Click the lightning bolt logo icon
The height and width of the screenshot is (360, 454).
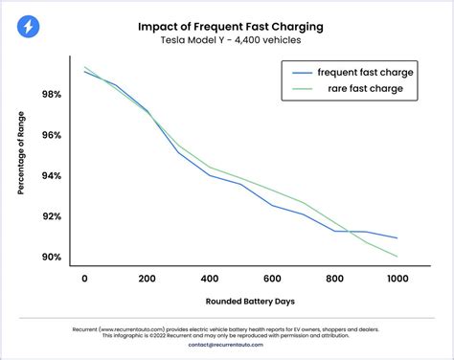click(x=29, y=27)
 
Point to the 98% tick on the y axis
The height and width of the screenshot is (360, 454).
click(x=52, y=95)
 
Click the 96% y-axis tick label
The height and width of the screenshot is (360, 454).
click(x=52, y=135)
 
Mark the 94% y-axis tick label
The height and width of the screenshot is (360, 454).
click(x=52, y=176)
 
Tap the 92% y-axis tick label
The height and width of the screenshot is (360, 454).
click(x=52, y=216)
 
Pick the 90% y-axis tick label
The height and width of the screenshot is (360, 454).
click(x=52, y=257)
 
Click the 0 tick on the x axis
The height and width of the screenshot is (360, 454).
click(x=85, y=278)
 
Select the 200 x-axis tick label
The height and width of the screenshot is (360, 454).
click(x=148, y=278)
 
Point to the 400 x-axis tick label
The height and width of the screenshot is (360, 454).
click(x=210, y=278)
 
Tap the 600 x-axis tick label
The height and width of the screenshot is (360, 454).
click(x=272, y=278)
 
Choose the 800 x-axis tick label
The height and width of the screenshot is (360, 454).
click(x=334, y=278)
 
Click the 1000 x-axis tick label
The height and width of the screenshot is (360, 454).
click(x=397, y=278)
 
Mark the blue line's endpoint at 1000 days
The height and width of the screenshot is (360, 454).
click(x=397, y=237)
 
